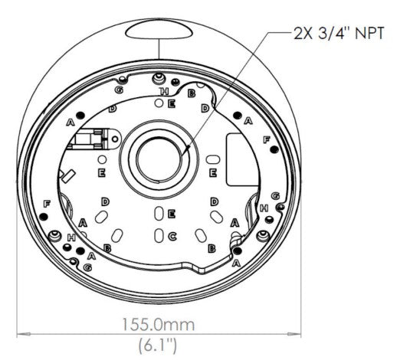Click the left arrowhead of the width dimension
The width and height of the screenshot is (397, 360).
(x=19, y=334)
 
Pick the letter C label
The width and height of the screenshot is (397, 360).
(x=172, y=235)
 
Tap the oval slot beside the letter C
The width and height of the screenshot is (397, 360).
(x=159, y=235)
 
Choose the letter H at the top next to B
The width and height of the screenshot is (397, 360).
(x=162, y=91)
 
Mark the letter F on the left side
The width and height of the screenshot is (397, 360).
(x=48, y=204)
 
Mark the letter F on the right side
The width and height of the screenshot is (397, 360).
(x=266, y=140)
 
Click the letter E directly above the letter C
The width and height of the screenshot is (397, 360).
(x=172, y=212)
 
